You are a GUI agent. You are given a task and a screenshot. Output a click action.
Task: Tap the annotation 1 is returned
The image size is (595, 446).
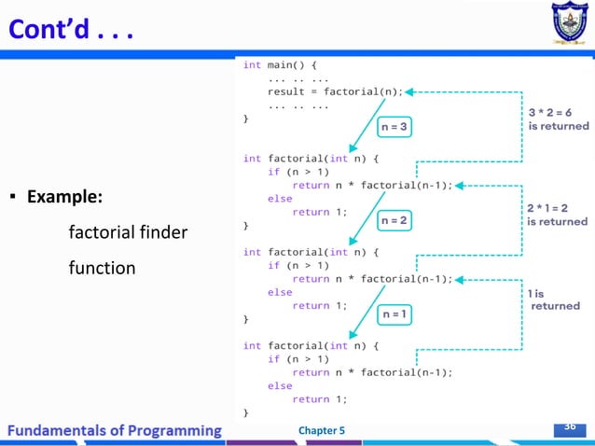[554, 299]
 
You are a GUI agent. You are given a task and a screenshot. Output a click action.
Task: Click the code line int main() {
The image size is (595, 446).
[280, 65]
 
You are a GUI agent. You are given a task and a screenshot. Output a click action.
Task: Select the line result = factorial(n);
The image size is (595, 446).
[335, 91]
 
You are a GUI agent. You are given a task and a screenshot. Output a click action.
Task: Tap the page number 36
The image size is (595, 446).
[569, 427]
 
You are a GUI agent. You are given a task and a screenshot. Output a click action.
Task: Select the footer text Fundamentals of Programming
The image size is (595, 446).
[116, 430]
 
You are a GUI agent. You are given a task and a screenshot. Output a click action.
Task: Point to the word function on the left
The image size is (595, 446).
[102, 269]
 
